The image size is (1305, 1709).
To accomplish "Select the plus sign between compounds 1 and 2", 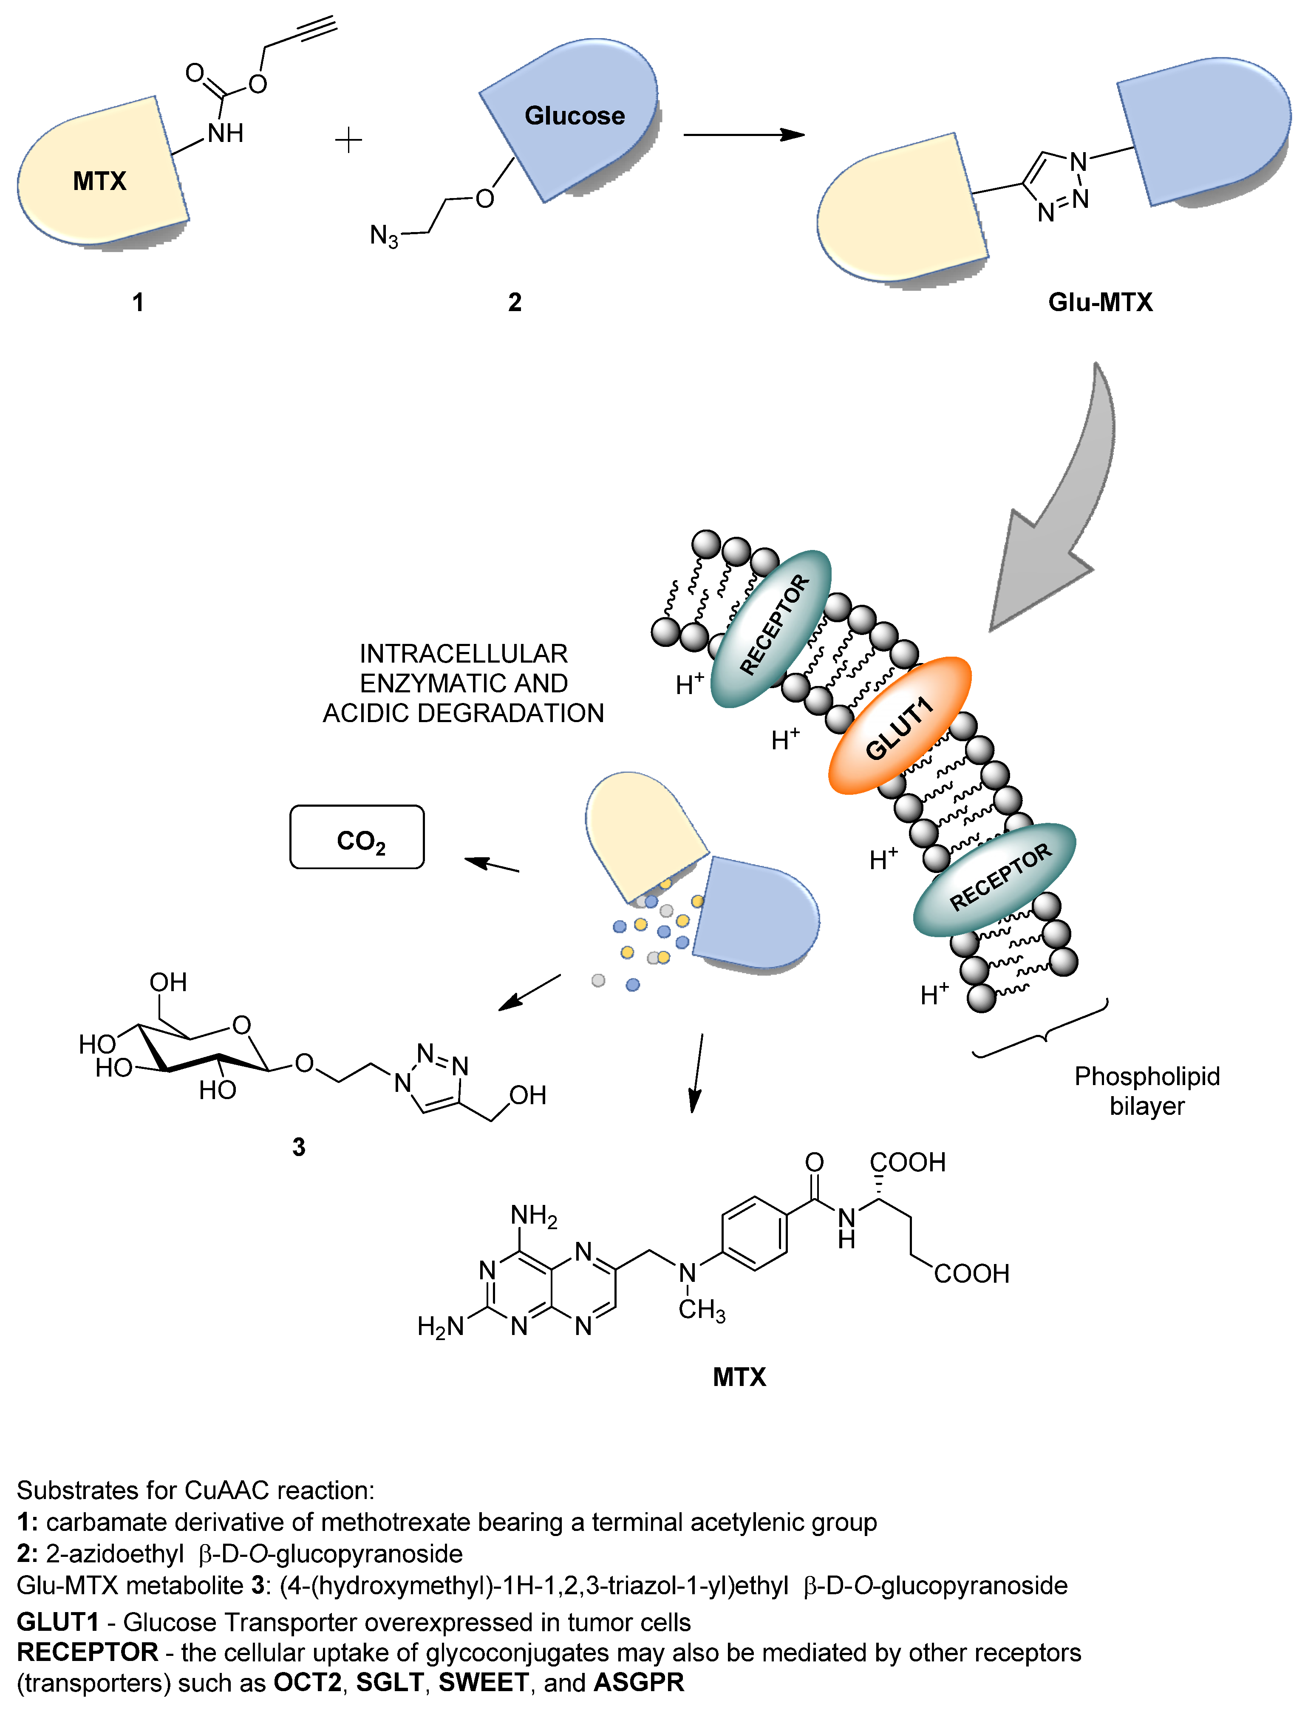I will [349, 141].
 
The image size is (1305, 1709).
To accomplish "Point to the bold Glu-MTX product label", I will [1100, 302].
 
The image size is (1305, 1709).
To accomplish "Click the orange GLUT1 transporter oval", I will [900, 726].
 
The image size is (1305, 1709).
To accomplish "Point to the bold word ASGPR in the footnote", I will [639, 1683].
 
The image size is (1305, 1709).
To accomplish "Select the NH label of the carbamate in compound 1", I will [225, 133].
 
